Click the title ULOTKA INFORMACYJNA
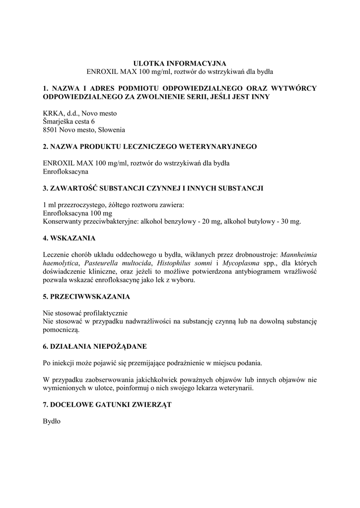point(180,63)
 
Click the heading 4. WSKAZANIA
point(70,238)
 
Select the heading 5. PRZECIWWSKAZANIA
point(86,297)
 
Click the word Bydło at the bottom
point(52,421)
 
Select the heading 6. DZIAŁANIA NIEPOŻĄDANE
point(95,345)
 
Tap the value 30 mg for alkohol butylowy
point(290,221)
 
